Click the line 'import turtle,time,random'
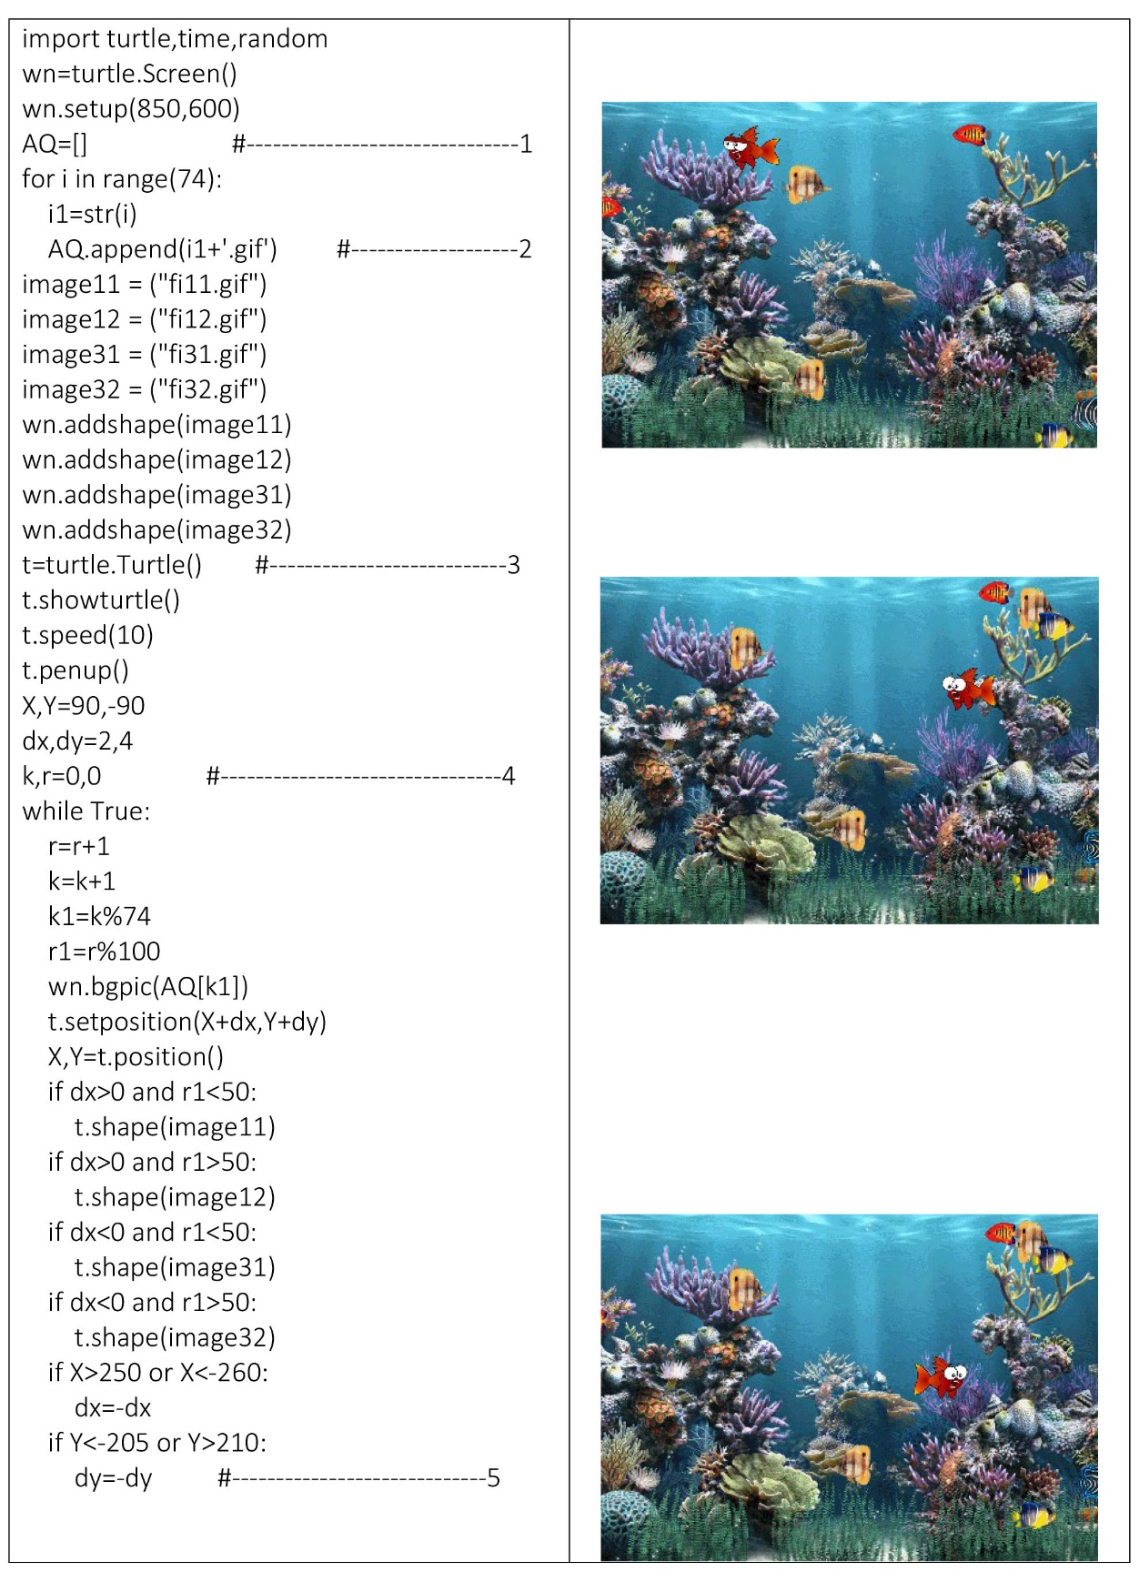point(175,39)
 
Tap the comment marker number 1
point(525,144)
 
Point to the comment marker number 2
point(525,249)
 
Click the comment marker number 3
point(513,565)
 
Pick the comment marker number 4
point(508,776)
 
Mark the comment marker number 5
point(493,1477)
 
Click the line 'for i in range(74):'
point(122,179)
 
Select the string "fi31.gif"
point(208,355)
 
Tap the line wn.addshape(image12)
point(156,460)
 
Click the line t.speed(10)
point(87,635)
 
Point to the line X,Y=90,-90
point(84,706)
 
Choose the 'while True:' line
point(86,811)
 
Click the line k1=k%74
point(99,916)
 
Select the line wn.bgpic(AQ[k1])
point(148,987)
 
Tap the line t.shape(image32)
point(175,1337)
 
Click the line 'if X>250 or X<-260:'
point(158,1373)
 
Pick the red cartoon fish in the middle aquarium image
point(967,689)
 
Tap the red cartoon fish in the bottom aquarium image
point(941,1376)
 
